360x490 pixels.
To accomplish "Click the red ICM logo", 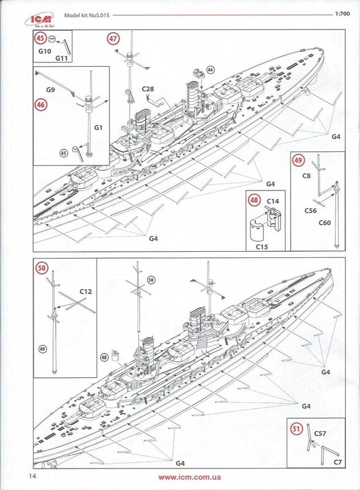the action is pyautogui.click(x=39, y=20).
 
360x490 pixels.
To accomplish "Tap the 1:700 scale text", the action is pyautogui.click(x=342, y=13).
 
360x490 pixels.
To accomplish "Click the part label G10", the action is pyautogui.click(x=45, y=51).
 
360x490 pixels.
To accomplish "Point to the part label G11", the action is pyautogui.click(x=62, y=58).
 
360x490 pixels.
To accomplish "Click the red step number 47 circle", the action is pyautogui.click(x=113, y=39).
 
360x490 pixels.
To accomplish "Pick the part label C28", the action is pyautogui.click(x=148, y=89).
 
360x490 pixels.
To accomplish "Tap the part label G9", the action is pyautogui.click(x=51, y=90).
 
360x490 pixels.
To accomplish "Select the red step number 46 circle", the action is pyautogui.click(x=40, y=104).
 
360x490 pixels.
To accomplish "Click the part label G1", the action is pyautogui.click(x=98, y=127).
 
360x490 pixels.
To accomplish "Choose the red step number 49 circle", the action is pyautogui.click(x=298, y=160).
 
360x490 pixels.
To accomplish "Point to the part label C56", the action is pyautogui.click(x=310, y=211).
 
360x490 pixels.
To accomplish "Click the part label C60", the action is pyautogui.click(x=324, y=223).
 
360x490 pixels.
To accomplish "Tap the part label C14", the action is pyautogui.click(x=273, y=202).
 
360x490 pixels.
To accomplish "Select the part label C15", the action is pyautogui.click(x=262, y=247).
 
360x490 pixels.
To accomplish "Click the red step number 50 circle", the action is pyautogui.click(x=41, y=268).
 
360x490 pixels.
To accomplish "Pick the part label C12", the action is pyautogui.click(x=86, y=292).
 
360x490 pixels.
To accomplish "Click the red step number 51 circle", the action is pyautogui.click(x=296, y=429).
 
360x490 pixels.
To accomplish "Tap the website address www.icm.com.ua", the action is pyautogui.click(x=189, y=477).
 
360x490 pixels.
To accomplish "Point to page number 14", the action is pyautogui.click(x=32, y=477).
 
